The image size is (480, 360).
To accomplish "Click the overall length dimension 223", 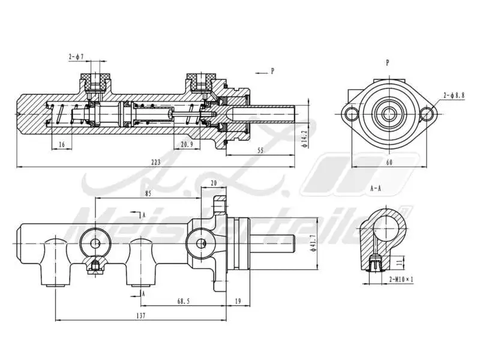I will (156, 162).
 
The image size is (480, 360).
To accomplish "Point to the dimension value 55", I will (260, 150).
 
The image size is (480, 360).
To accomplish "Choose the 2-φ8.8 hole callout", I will (454, 95).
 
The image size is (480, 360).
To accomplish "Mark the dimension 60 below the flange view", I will (389, 162).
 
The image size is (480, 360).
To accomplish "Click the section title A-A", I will (376, 188).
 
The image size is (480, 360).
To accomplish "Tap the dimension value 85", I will (149, 193).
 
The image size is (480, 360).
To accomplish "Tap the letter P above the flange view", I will (388, 62).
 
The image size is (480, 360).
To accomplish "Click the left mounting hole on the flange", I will (350, 113).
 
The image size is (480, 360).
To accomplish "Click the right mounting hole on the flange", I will (427, 113).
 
